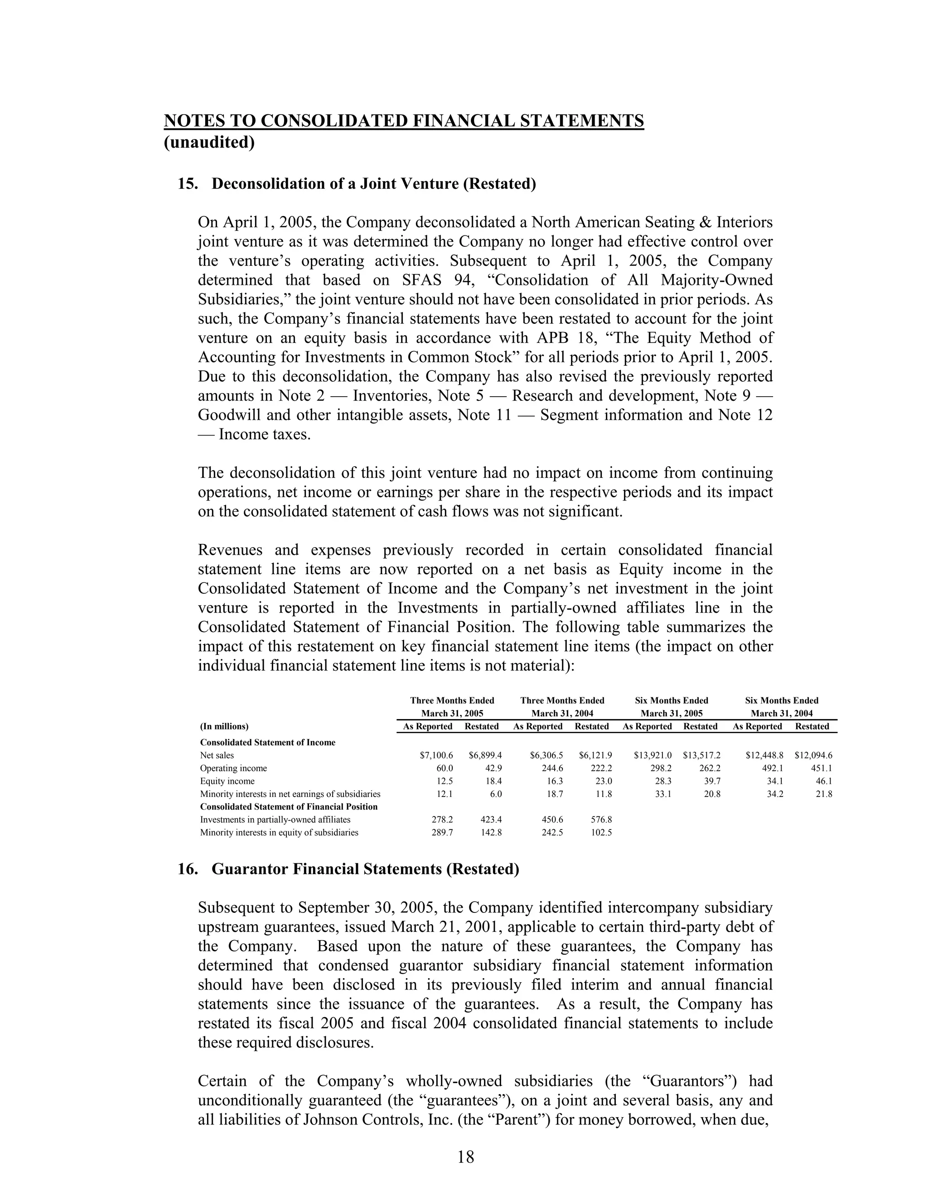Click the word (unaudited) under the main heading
pos(209,142)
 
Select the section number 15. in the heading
pos(188,183)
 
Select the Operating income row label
pos(233,768)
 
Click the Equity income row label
pos(227,781)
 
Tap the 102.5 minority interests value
pos(601,832)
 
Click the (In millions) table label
pos(224,726)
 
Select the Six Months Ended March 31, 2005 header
pos(671,706)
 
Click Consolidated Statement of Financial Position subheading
pos(289,806)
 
